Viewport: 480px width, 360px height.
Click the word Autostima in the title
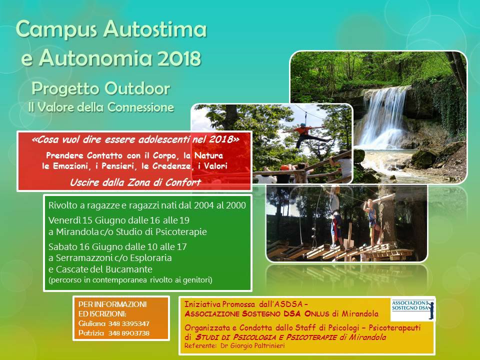tap(155, 29)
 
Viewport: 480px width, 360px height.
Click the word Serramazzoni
tap(83, 258)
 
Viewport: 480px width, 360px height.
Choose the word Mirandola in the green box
tap(77, 231)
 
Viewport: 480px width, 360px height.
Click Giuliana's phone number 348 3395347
tap(128, 323)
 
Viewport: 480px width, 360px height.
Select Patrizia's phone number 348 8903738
tap(128, 333)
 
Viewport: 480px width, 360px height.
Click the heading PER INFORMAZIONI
tap(112, 304)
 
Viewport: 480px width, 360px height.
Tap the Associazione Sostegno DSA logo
tap(413, 308)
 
